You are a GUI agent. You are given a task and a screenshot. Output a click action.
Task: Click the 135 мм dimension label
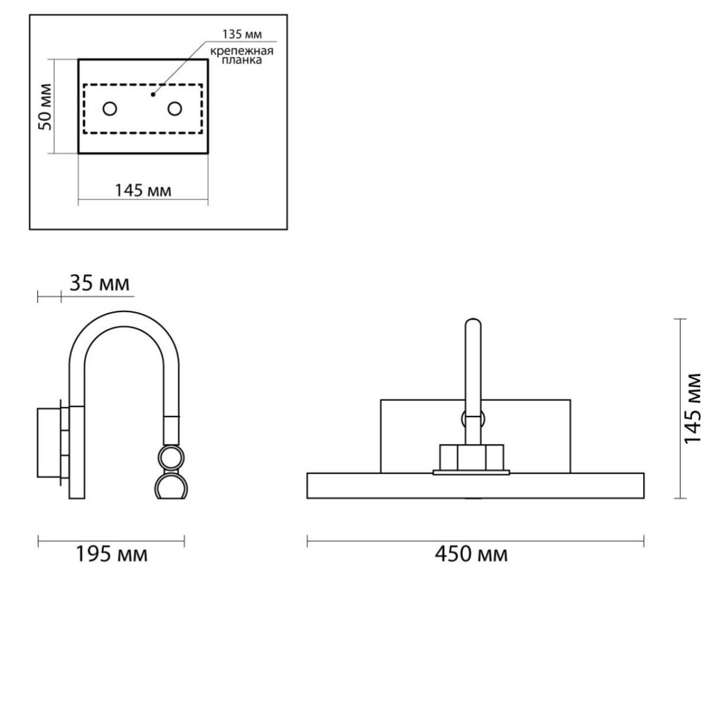[242, 34]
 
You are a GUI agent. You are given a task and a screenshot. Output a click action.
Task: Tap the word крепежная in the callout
[242, 50]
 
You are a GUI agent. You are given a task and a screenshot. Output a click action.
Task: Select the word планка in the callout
[242, 60]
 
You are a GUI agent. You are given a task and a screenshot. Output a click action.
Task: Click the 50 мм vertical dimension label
[45, 107]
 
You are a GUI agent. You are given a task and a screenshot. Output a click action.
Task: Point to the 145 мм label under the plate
[144, 191]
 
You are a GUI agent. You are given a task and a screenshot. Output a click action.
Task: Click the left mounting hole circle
[110, 109]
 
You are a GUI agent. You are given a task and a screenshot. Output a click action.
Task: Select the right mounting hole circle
[174, 109]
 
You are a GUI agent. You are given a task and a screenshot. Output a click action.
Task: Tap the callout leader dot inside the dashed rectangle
[153, 94]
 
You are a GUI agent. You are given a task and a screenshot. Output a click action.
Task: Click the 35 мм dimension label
[100, 284]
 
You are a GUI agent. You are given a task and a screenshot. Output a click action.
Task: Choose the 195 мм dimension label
[112, 554]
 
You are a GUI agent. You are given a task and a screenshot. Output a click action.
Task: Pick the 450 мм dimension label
[471, 554]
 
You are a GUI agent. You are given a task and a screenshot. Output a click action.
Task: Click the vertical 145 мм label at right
[692, 409]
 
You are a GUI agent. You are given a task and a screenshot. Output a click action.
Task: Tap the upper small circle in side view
[171, 458]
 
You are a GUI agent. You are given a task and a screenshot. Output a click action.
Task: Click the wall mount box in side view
[49, 443]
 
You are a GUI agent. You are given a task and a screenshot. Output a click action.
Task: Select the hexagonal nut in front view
[472, 457]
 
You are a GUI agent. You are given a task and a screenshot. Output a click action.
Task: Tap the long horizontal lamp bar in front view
[475, 485]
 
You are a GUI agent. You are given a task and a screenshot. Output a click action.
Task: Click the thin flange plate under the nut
[472, 472]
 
